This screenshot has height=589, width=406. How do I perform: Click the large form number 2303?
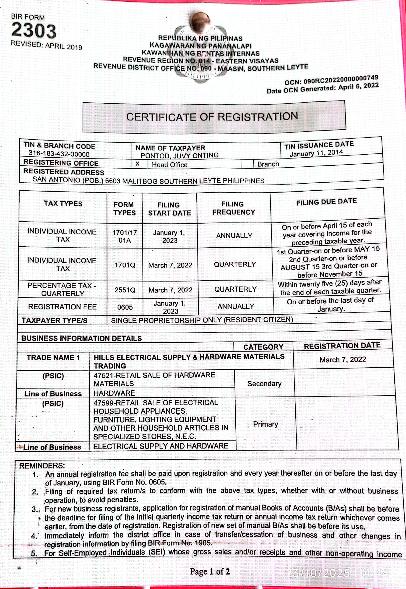34,30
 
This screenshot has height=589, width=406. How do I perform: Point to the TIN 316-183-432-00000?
59,154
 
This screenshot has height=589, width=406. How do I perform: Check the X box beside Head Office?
138,164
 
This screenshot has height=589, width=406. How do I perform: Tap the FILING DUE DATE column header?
326,202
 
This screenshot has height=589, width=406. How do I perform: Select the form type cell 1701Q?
125,265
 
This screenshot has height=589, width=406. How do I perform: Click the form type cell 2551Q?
125,290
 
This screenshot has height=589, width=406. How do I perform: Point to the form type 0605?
125,307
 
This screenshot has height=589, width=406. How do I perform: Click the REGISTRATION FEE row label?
62,307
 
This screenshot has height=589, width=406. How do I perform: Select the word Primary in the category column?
265,424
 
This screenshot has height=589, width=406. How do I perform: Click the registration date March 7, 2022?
343,360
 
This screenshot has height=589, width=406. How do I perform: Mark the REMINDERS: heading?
42,466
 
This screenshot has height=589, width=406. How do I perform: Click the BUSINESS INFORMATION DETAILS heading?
81,338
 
